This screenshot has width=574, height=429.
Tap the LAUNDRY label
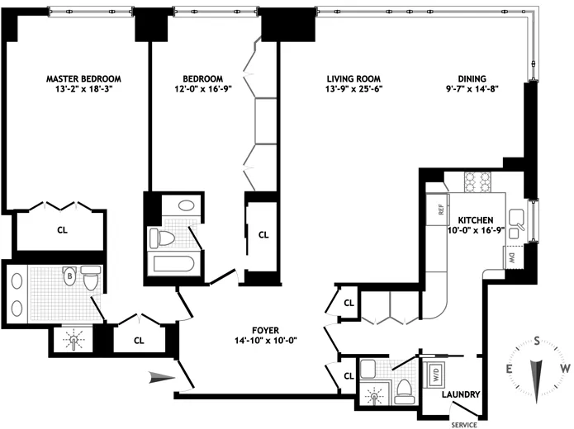pos(460,395)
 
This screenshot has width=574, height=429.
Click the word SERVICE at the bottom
pos(465,424)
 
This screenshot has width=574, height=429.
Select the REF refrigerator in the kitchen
pos(434,210)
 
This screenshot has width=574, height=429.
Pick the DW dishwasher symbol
pos(512,257)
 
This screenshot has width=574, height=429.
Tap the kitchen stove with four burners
pos(478,181)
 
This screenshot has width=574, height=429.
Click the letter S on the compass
pos(538,341)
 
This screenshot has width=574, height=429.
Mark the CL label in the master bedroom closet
pos(62,232)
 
